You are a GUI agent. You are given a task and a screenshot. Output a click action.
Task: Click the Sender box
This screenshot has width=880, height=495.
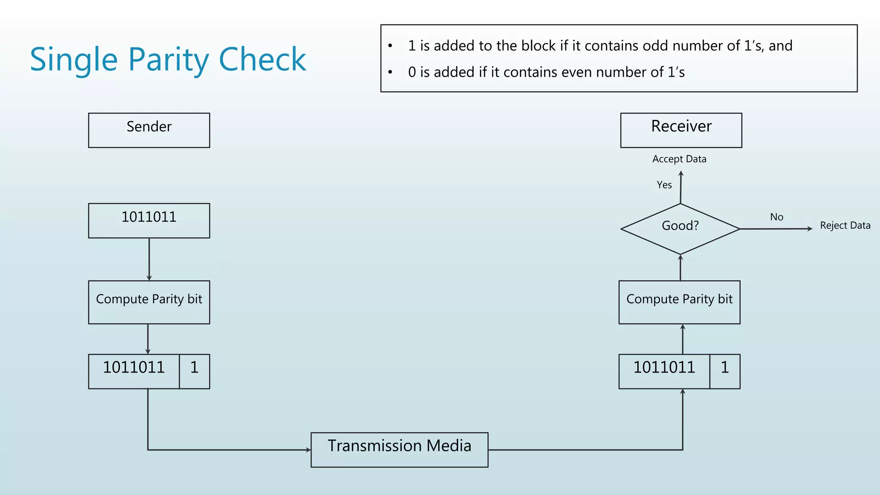[x=149, y=130]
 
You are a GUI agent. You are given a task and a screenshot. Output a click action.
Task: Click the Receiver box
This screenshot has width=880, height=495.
[x=681, y=130]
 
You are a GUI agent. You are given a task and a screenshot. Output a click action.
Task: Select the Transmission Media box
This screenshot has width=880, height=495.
[x=399, y=449]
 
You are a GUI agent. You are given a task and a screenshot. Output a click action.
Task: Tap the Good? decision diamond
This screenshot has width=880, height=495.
[x=680, y=228]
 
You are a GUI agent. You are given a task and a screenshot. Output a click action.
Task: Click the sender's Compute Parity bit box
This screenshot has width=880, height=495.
[x=149, y=302]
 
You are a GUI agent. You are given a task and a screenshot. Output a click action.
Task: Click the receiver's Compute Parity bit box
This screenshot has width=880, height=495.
[x=679, y=302]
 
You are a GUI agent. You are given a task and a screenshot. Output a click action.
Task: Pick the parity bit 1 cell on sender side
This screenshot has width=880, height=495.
[x=194, y=371]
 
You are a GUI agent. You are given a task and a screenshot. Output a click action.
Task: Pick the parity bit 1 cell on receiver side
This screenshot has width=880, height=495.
[x=724, y=371]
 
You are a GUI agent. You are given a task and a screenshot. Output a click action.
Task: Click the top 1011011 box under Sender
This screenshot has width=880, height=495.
[x=149, y=220]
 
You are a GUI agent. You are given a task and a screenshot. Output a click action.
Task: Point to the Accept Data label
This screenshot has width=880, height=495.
[x=679, y=159]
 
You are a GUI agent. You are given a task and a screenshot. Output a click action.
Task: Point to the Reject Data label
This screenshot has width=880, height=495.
[x=845, y=226]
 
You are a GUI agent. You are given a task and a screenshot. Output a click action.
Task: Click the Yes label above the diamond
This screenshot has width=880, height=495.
[x=664, y=185]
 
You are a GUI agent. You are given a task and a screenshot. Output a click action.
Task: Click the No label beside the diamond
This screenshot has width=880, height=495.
[x=776, y=217]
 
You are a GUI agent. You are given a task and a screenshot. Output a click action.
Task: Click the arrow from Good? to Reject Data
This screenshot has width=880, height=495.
[x=773, y=229]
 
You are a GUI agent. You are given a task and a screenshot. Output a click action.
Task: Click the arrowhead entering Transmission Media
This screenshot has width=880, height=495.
[x=308, y=450]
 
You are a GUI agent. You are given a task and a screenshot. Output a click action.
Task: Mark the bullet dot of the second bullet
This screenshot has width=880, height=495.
[x=390, y=72]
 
